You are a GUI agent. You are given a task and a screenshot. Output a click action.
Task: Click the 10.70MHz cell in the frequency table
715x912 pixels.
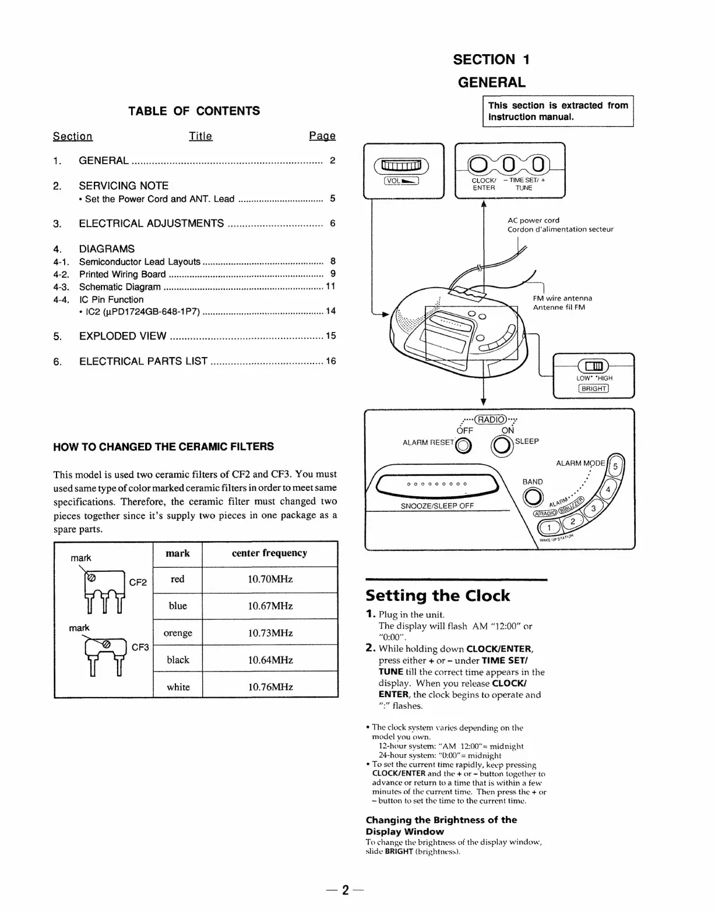(x=270, y=579)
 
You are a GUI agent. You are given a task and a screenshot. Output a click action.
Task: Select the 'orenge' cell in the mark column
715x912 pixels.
(x=178, y=633)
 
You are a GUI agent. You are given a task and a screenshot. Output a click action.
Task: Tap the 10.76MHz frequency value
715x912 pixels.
(x=270, y=687)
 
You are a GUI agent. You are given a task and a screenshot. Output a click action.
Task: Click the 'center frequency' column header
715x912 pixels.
(x=269, y=553)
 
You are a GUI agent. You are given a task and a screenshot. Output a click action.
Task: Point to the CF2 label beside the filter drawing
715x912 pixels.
(x=138, y=582)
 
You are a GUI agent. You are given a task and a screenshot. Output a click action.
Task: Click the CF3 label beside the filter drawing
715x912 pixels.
(x=140, y=647)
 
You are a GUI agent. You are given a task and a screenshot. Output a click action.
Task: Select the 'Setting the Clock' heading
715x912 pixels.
(x=438, y=596)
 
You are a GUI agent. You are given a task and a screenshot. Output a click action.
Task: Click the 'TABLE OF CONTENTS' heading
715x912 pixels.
(x=194, y=111)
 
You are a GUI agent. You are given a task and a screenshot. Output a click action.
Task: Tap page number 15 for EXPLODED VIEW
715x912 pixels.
(x=330, y=336)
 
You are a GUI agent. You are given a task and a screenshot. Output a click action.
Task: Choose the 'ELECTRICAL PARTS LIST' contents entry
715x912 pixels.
(x=143, y=362)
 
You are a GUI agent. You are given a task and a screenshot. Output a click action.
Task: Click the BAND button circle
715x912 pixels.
(x=532, y=497)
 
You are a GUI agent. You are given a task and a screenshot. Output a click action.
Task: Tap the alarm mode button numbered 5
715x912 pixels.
(x=615, y=466)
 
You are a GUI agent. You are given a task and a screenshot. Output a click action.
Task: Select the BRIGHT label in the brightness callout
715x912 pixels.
(x=593, y=389)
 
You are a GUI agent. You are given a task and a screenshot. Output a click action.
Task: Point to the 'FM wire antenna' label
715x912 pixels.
(x=562, y=298)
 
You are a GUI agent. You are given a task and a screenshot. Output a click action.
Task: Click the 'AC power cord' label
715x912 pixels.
(x=533, y=220)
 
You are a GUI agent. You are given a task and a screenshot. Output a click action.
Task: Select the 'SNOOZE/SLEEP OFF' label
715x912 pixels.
(x=437, y=506)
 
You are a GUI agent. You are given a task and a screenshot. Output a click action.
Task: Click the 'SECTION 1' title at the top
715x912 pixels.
(x=491, y=59)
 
